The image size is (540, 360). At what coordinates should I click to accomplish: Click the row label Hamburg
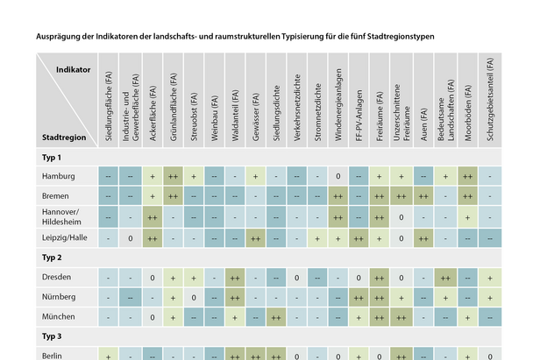[x=59, y=177]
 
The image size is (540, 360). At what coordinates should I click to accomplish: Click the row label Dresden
[x=57, y=278]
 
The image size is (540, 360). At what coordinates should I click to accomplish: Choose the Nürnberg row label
[x=60, y=297]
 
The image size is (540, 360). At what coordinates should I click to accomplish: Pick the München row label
[x=59, y=316]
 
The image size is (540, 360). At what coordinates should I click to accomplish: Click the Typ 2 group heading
[x=53, y=258]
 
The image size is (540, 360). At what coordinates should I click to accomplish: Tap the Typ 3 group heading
[x=53, y=336]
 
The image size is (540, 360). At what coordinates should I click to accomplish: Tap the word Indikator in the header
[x=74, y=68]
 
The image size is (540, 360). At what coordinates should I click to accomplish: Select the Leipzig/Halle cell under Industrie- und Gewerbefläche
[x=130, y=237]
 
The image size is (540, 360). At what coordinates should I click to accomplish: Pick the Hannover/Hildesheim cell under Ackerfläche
[x=152, y=216]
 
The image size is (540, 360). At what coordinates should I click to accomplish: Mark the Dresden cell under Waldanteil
[x=235, y=278]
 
